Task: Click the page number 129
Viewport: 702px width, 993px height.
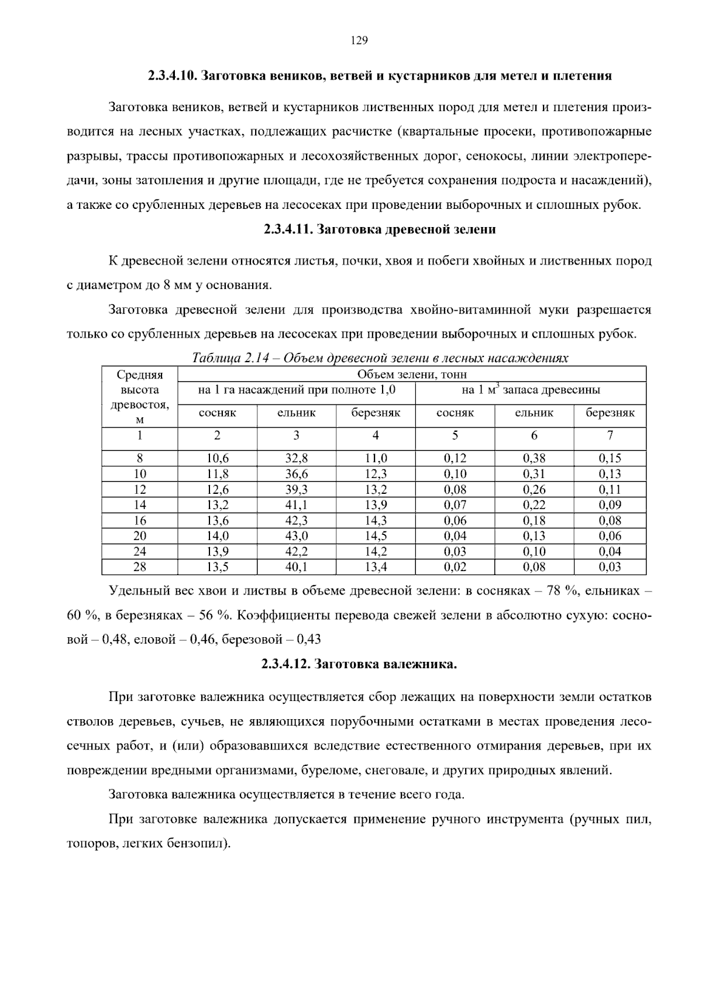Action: click(359, 40)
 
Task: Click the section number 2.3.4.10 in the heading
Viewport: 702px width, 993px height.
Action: click(172, 76)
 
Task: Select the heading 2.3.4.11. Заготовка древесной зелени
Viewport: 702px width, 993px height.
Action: click(380, 229)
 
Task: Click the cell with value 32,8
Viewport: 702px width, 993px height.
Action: click(296, 458)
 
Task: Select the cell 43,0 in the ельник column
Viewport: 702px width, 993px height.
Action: click(296, 535)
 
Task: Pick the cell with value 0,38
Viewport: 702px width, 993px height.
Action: click(534, 458)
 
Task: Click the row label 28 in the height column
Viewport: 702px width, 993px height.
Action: click(140, 566)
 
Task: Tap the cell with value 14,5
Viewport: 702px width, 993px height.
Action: click(376, 535)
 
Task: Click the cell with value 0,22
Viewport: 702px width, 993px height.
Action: click(534, 504)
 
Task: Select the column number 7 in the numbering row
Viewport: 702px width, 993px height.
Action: click(610, 435)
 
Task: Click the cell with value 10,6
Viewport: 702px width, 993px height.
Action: click(217, 458)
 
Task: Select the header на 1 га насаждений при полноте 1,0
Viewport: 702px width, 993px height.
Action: click(297, 390)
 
